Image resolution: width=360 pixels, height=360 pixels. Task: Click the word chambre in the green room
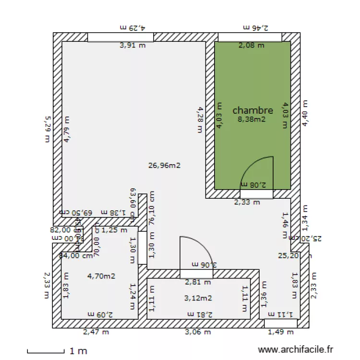click(252, 110)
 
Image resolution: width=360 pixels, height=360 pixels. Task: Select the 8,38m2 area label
click(252, 120)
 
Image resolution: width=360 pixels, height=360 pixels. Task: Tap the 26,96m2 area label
click(164, 166)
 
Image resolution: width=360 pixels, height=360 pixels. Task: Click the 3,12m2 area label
click(198, 298)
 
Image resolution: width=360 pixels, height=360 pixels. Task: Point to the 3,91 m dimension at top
click(132, 46)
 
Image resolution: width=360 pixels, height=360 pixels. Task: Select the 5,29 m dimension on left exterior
click(47, 129)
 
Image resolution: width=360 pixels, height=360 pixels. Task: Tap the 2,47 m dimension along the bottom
click(96, 332)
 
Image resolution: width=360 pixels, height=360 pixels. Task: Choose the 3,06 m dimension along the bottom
click(197, 332)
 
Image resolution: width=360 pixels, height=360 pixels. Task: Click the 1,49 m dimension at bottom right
click(280, 332)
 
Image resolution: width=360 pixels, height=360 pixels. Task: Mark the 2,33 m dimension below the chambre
click(247, 203)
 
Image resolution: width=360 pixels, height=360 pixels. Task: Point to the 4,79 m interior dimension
click(67, 129)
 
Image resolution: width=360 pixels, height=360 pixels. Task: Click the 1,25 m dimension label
click(111, 230)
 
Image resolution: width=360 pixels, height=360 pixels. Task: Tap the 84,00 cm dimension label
click(76, 256)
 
